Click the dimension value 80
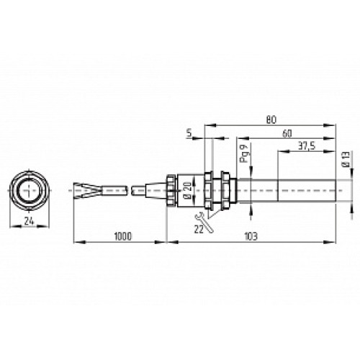click(271, 120)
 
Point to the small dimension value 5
click(189, 133)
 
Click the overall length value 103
click(251, 236)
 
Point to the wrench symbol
click(204, 220)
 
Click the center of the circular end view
click(30, 190)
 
